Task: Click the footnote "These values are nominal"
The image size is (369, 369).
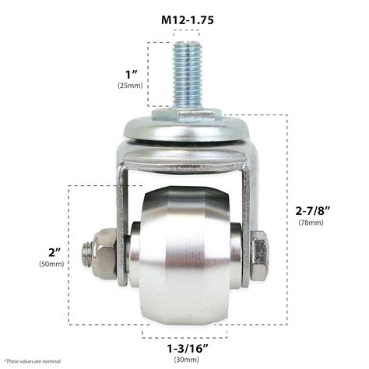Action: click(x=33, y=361)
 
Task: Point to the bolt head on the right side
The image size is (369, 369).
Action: click(x=259, y=254)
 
